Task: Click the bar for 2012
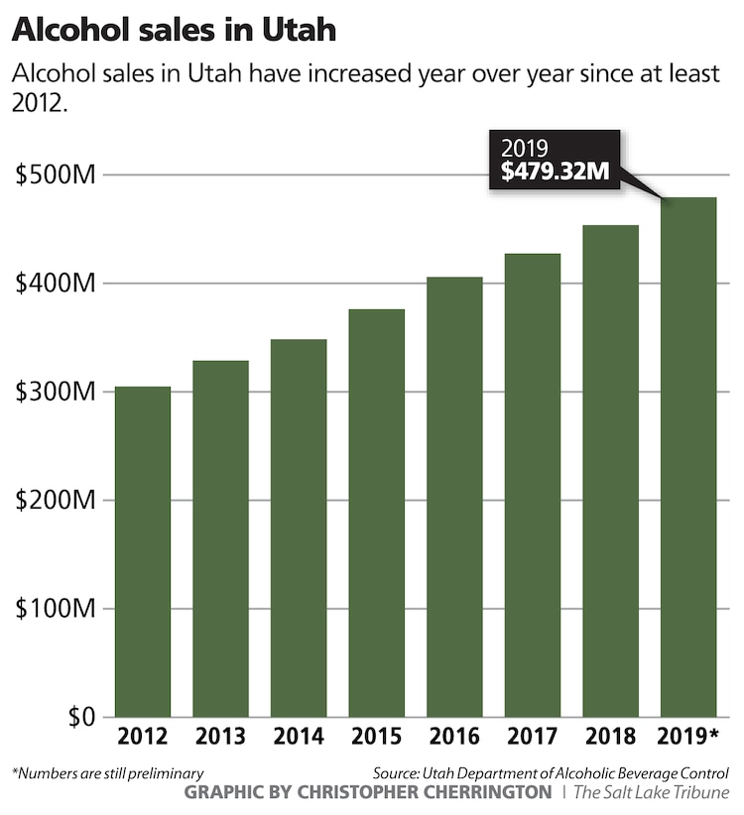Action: [x=143, y=551]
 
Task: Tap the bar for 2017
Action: [x=533, y=485]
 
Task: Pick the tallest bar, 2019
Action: [x=688, y=457]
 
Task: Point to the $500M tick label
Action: [x=56, y=175]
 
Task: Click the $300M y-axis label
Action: [x=56, y=392]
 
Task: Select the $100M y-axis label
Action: [x=56, y=609]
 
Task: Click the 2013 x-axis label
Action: [x=220, y=738]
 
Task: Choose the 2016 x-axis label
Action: [x=454, y=738]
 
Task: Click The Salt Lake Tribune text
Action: [x=651, y=792]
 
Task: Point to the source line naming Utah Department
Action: [x=552, y=772]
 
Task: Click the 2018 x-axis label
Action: [x=610, y=738]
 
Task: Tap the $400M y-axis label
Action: [x=56, y=284]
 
